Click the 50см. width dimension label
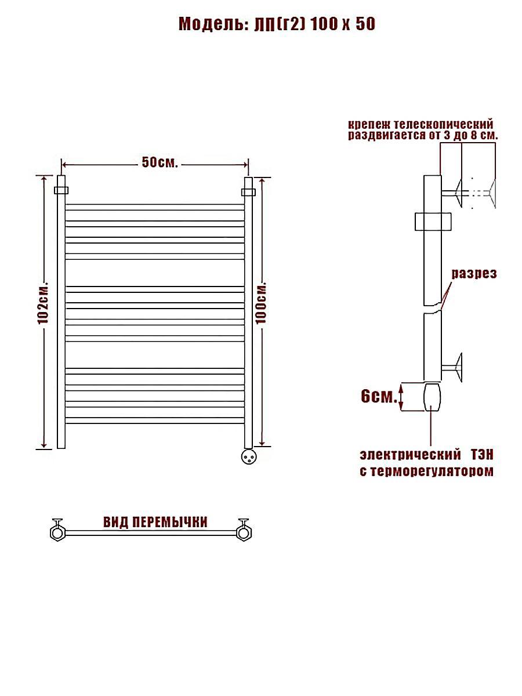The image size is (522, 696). point(159,162)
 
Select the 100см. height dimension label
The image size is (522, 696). point(261,302)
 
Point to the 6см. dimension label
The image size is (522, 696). point(379,396)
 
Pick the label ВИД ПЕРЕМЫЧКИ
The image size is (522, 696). point(155,522)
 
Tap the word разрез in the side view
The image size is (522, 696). point(474,274)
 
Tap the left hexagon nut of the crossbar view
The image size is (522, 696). point(57,532)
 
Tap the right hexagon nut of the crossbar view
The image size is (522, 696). point(244,532)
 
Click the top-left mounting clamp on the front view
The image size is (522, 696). point(61,190)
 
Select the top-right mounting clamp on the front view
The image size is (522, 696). point(248,193)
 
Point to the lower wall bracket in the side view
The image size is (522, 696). point(452,368)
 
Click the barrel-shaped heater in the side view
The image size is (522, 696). point(432,397)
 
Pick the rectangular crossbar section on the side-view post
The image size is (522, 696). point(433,222)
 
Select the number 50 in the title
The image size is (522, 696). point(365,24)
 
